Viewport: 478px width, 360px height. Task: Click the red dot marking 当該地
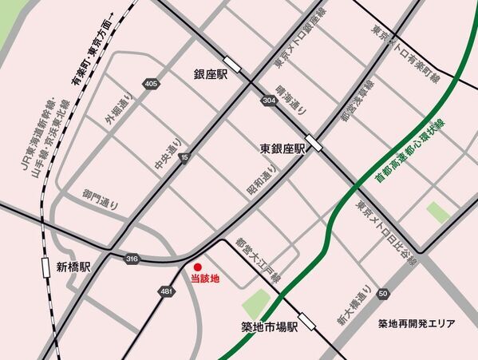pos(197,267)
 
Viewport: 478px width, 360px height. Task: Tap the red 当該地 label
pos(204,279)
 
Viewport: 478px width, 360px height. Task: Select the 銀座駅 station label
pos(211,74)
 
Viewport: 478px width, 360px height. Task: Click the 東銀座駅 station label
pos(283,149)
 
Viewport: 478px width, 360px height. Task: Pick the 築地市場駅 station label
pos(269,326)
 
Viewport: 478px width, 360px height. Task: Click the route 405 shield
pos(152,83)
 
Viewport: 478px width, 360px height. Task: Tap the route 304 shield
pos(268,100)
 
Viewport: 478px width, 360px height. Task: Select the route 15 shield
pos(184,157)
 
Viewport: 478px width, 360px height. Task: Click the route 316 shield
pos(131,258)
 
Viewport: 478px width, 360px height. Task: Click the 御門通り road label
pos(101,199)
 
